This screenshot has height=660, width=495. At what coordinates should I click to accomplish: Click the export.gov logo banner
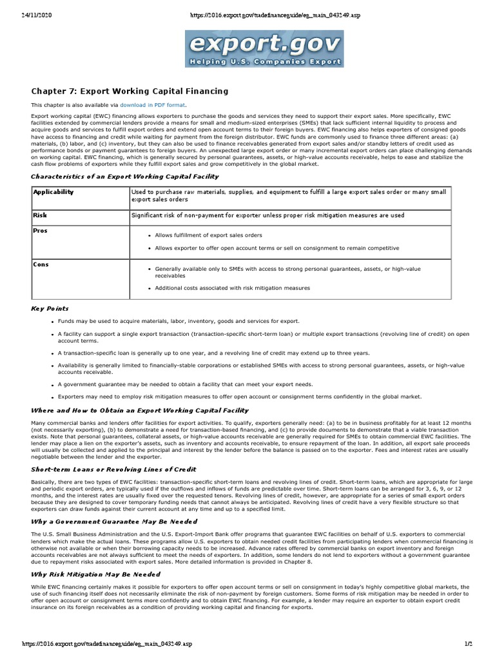coord(265,49)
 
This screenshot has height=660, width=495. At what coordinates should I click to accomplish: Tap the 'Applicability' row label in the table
coord(53,192)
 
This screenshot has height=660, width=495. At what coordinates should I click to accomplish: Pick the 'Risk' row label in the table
coord(41,215)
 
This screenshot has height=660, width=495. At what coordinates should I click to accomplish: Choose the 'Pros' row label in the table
coord(41,231)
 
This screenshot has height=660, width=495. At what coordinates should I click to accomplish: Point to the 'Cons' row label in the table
coord(41,264)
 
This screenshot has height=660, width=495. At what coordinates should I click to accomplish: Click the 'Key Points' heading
coord(50,309)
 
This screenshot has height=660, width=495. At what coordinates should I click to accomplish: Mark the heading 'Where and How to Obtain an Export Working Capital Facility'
coord(140,410)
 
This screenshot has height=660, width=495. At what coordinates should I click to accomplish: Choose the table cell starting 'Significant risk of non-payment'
coord(267,215)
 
